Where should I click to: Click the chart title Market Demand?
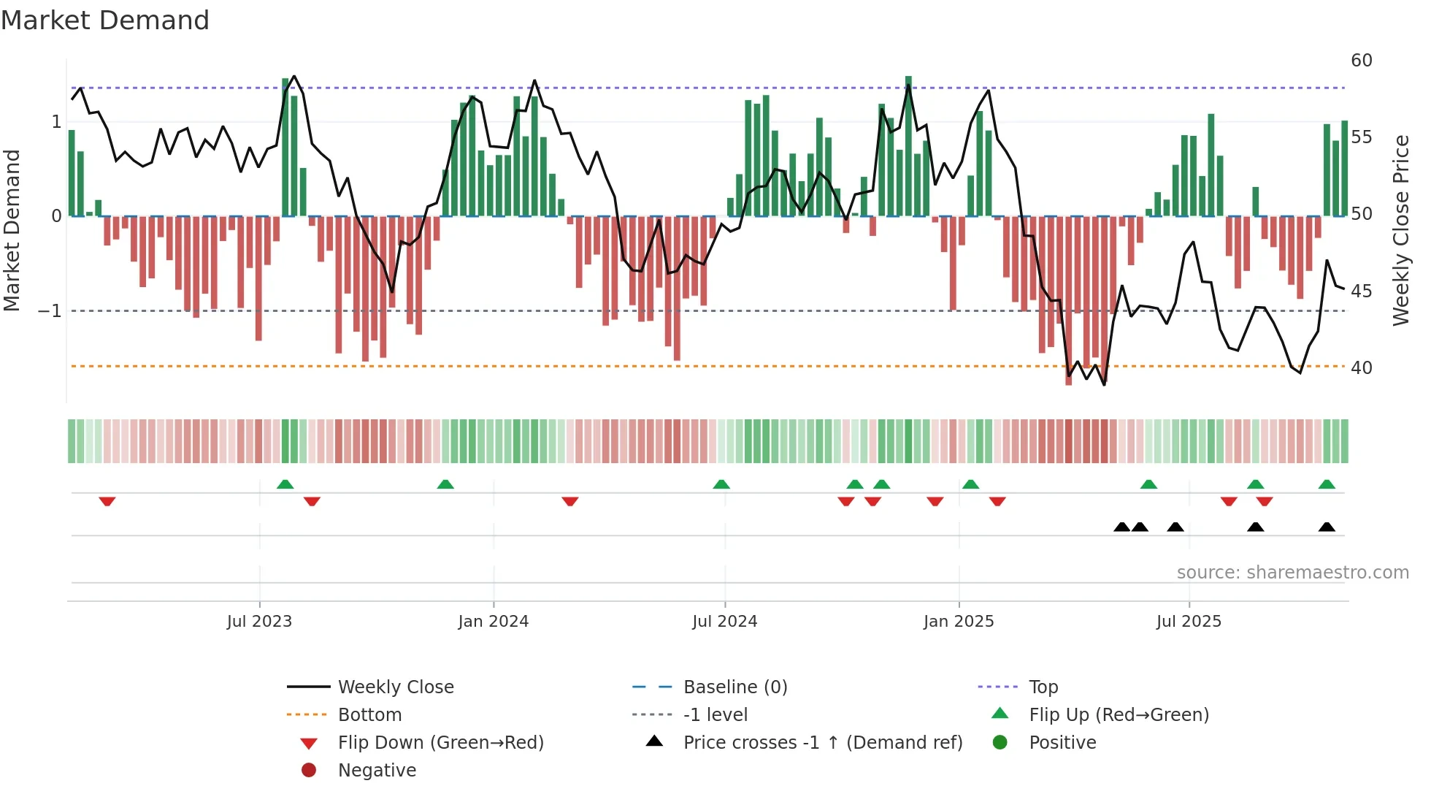105,20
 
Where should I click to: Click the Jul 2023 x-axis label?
259,622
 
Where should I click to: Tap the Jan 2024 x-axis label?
493,622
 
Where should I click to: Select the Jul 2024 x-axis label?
724,622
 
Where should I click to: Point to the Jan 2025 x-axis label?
958,622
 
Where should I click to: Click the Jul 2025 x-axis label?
1189,622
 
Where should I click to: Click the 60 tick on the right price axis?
1362,61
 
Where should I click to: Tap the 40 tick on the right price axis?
1362,368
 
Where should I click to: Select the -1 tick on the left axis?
50,311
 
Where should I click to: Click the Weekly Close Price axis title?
1400,230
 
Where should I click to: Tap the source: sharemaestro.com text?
1292,573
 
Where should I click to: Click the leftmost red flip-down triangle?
107,501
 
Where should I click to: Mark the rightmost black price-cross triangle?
1327,527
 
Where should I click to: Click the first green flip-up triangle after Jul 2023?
285,484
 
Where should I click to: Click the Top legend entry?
1043,687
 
